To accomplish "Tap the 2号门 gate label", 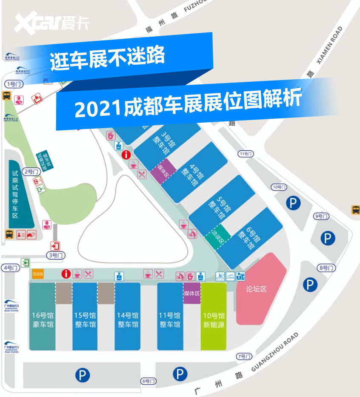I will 32,172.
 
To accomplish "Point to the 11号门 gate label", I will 246,154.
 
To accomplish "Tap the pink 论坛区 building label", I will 256,289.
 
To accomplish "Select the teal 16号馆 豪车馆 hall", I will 43,320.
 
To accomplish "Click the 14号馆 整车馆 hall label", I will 128,320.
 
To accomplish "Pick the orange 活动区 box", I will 38,274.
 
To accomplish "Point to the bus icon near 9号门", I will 355,210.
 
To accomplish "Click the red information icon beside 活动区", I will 66,274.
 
